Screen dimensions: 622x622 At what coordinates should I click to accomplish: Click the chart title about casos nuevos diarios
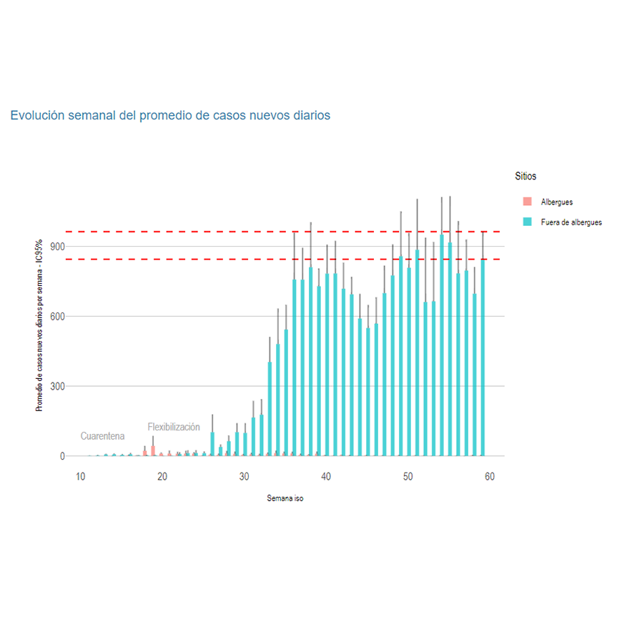170,115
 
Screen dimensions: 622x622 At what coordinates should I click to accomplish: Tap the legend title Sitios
525,176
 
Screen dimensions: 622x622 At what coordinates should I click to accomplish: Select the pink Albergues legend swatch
527,202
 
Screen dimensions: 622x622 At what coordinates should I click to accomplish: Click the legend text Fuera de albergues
571,222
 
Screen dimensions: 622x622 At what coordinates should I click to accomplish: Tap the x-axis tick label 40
326,478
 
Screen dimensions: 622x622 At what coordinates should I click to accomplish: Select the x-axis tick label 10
81,478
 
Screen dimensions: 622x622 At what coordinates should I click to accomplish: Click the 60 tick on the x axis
490,478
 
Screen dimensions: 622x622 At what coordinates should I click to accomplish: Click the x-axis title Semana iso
285,498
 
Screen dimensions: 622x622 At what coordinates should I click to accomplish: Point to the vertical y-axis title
40,325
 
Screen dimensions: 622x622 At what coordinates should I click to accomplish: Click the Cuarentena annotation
102,436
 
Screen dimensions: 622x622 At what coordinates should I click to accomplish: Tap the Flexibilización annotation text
174,427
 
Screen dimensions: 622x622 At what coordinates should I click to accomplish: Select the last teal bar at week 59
483,357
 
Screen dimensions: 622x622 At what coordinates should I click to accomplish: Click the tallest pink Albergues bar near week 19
153,450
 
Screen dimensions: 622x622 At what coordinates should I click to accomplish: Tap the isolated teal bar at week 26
212,444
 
